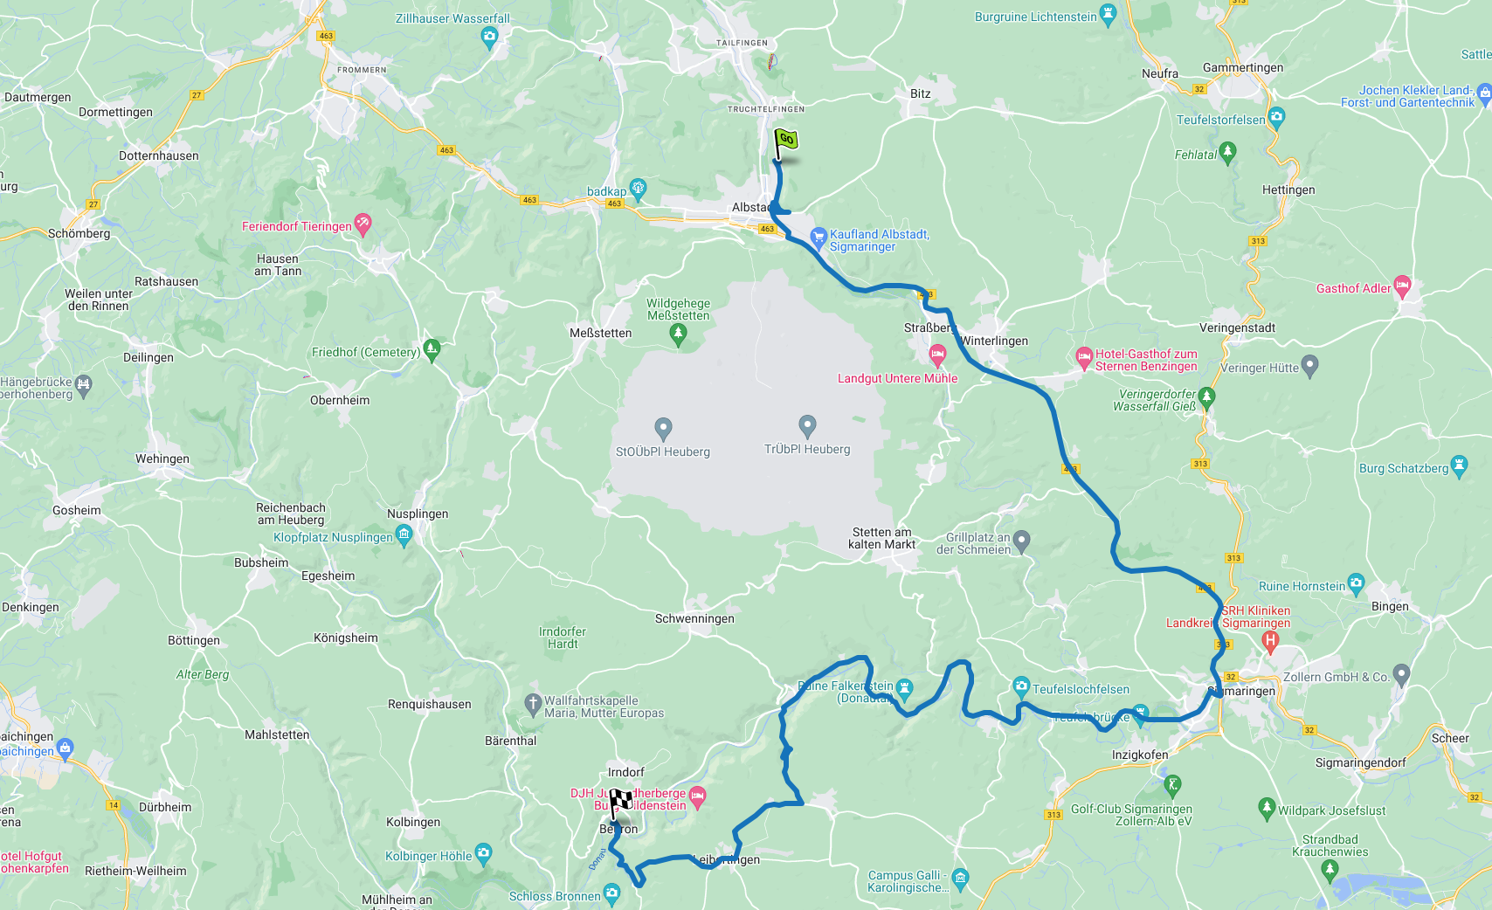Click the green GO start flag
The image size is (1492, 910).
[x=785, y=140]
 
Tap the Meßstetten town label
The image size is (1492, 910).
[x=600, y=333]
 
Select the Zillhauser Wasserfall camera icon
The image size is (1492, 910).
[x=489, y=36]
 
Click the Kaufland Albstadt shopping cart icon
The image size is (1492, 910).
[x=819, y=236]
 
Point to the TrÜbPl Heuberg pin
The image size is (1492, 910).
[x=807, y=425]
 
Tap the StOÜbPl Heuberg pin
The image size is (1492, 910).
[x=663, y=428]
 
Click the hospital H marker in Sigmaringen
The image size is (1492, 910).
[x=1270, y=641]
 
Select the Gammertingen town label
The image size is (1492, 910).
[x=1242, y=67]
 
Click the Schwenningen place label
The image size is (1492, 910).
[x=694, y=618]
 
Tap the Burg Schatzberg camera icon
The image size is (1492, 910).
[x=1458, y=465]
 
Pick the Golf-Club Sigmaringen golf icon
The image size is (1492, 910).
[x=1172, y=785]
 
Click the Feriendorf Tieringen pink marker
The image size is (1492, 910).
[x=363, y=224]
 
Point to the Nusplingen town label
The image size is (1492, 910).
[x=418, y=514]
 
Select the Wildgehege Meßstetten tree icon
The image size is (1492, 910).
[x=678, y=333]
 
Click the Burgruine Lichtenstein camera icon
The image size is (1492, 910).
[x=1109, y=13]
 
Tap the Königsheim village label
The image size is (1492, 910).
[x=346, y=638]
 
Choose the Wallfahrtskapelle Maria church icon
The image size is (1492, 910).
[x=533, y=703]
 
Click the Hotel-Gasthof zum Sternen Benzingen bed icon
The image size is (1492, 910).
[x=1084, y=356]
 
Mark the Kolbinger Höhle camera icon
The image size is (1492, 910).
[x=483, y=852]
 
